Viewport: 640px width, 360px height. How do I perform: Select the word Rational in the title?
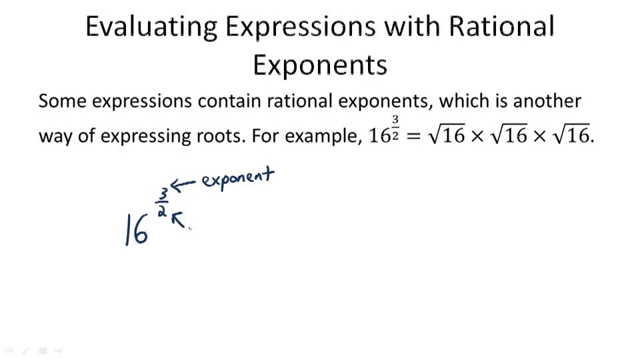click(502, 27)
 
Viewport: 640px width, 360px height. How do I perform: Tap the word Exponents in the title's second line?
click(320, 65)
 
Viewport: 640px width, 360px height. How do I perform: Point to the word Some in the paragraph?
click(61, 101)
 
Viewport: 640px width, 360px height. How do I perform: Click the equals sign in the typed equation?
click(415, 135)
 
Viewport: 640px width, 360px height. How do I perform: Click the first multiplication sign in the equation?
click(479, 136)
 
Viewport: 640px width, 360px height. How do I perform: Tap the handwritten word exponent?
click(238, 179)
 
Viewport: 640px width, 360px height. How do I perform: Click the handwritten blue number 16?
click(137, 230)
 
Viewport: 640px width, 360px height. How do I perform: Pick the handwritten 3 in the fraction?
click(163, 194)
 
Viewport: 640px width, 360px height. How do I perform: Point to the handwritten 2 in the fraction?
click(161, 211)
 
